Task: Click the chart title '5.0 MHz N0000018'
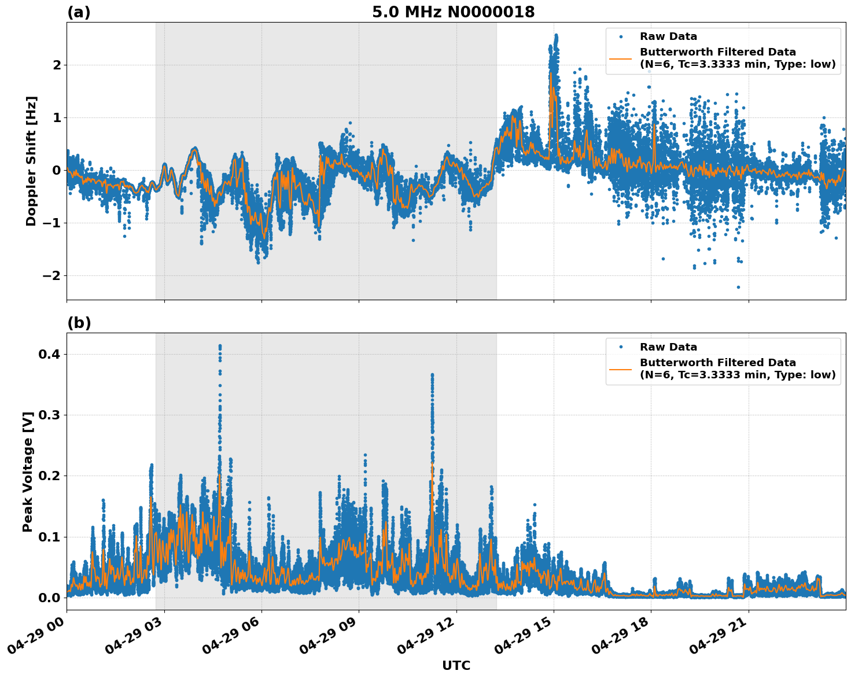click(x=453, y=12)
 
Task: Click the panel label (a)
click(x=79, y=12)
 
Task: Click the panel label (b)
click(x=79, y=323)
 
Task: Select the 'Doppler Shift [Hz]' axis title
click(x=31, y=161)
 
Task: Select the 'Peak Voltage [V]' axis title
click(x=27, y=471)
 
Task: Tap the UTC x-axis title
click(x=456, y=665)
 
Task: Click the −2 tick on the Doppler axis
click(x=51, y=276)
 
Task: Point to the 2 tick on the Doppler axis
click(x=57, y=65)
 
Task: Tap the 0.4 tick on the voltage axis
click(x=50, y=354)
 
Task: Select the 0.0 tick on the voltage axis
click(x=50, y=598)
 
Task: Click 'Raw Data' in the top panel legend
click(x=668, y=37)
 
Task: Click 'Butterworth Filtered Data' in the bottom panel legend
click(x=717, y=363)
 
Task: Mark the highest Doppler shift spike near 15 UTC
click(x=556, y=35)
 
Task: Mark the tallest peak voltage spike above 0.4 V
click(x=220, y=346)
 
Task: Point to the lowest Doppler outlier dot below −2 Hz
click(x=738, y=287)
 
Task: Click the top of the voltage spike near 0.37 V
click(x=432, y=375)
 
